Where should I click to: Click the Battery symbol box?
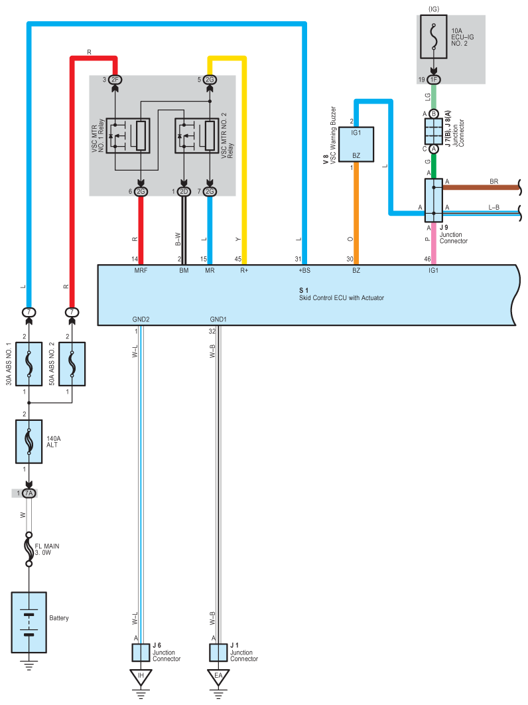coord(29,622)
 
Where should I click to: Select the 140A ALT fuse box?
coord(29,441)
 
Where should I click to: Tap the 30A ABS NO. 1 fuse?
coord(29,364)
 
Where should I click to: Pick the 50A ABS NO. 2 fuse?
coord(72,364)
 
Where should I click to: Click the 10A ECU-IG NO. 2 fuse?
coord(434,37)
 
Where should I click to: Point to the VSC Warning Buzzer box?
coord(356,144)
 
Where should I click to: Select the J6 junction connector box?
coord(141,653)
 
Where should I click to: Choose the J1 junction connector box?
coord(218,653)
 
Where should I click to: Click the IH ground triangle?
coord(141,677)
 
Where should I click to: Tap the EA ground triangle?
coord(218,677)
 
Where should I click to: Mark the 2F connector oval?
coord(115,80)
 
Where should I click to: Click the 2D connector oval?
coord(184,192)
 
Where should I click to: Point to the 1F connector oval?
coord(434,80)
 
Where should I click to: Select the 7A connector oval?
coord(29,493)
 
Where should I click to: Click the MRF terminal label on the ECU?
coord(141,271)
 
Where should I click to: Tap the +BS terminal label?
coord(304,271)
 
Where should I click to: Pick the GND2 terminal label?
coord(141,319)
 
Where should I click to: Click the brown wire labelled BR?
coord(481,187)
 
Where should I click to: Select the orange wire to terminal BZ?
coord(356,213)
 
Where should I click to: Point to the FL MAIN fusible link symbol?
coord(29,549)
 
